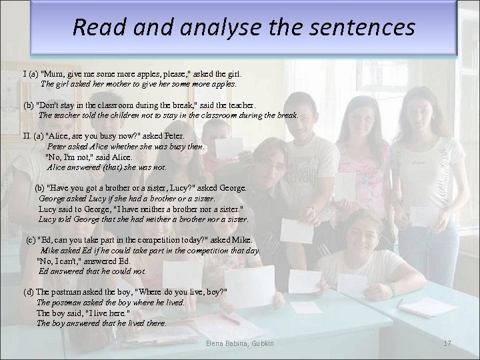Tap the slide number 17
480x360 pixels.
[447, 343]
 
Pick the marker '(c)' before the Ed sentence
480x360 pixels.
[31, 240]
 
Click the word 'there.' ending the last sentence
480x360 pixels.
[155, 323]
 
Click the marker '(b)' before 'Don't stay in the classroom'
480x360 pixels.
[31, 105]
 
